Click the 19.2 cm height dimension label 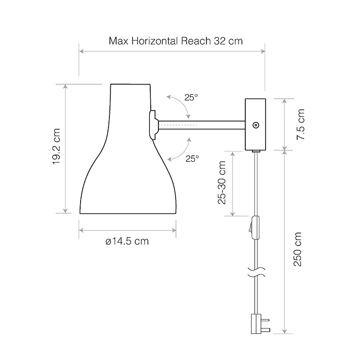click(x=56, y=147)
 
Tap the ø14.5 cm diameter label click(x=127, y=241)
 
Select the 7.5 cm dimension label click(x=300, y=125)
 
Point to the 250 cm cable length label click(x=297, y=249)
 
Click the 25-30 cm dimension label click(x=222, y=183)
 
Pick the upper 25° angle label click(x=191, y=97)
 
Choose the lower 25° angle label click(x=192, y=159)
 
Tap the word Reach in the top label click(x=196, y=41)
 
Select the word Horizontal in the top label click(x=155, y=41)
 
